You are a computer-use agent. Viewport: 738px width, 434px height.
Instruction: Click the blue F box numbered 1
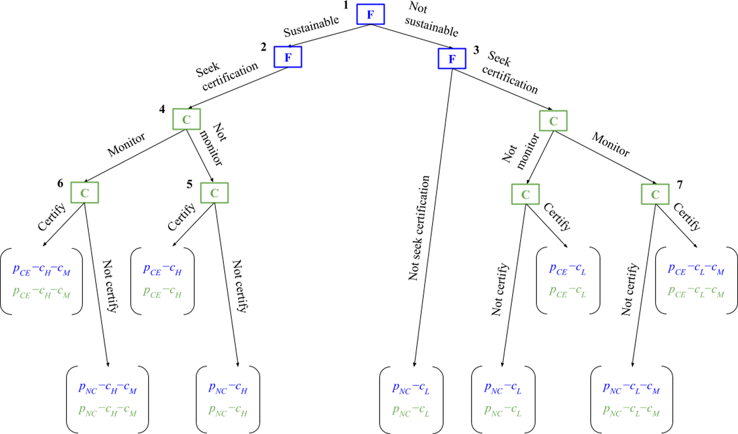(371, 14)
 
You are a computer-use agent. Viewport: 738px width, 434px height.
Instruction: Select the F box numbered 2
(288, 57)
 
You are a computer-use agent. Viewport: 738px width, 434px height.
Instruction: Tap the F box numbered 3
(452, 58)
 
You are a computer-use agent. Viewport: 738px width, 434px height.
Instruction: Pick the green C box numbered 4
(187, 119)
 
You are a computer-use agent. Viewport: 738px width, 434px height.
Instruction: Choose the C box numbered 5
(214, 193)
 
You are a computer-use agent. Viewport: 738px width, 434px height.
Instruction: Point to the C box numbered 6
(85, 193)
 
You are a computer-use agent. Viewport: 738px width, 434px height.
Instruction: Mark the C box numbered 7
(655, 194)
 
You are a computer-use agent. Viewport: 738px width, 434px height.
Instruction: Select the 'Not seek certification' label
(419, 228)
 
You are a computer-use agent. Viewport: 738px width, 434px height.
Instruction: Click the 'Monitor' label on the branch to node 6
(126, 144)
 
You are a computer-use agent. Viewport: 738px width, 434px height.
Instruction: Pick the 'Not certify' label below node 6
(110, 286)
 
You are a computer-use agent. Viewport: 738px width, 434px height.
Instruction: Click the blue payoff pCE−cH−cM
(41, 270)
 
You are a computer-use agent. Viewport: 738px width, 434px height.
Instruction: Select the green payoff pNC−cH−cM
(107, 411)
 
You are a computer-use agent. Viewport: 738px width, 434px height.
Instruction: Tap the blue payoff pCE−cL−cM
(696, 270)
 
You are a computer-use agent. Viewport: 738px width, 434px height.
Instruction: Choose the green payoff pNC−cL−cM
(631, 411)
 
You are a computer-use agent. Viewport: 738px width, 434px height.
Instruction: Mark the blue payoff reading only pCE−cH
(162, 270)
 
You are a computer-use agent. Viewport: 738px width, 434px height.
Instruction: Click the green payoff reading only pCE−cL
(567, 292)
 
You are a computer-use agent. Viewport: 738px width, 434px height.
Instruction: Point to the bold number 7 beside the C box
(680, 185)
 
